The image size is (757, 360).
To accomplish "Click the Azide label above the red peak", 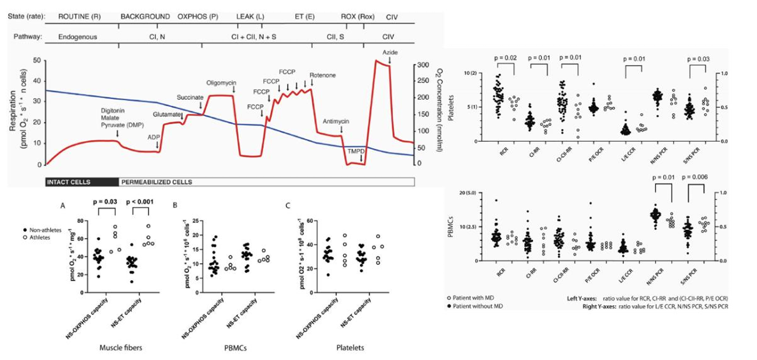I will pyautogui.click(x=390, y=53).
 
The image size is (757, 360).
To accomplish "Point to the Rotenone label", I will pyautogui.click(x=322, y=75).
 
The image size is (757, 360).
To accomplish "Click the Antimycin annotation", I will pyautogui.click(x=336, y=121).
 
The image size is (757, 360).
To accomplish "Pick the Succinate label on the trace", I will pyautogui.click(x=190, y=97).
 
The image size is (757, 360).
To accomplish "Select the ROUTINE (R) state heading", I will pyautogui.click(x=79, y=16).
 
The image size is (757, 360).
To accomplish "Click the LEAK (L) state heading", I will pyautogui.click(x=250, y=16).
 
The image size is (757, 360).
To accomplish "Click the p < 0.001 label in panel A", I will pyautogui.click(x=141, y=201).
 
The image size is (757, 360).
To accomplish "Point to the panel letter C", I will pyautogui.click(x=288, y=205).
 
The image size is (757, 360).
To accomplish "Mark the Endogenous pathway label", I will pyautogui.click(x=78, y=37).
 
